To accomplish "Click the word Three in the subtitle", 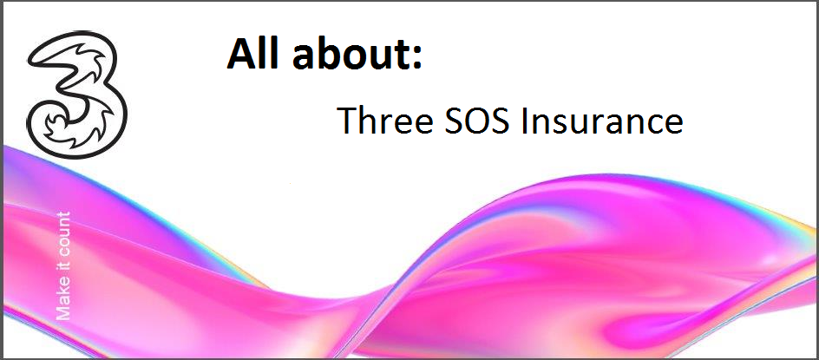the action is pos(384,120).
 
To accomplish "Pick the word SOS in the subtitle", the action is pos(476,121).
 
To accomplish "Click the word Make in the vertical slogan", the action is pos(62,302).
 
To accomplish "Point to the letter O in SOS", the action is pos(477,121).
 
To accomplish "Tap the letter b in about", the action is pos(321,53).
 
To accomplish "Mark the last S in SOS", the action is pos(501,121).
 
